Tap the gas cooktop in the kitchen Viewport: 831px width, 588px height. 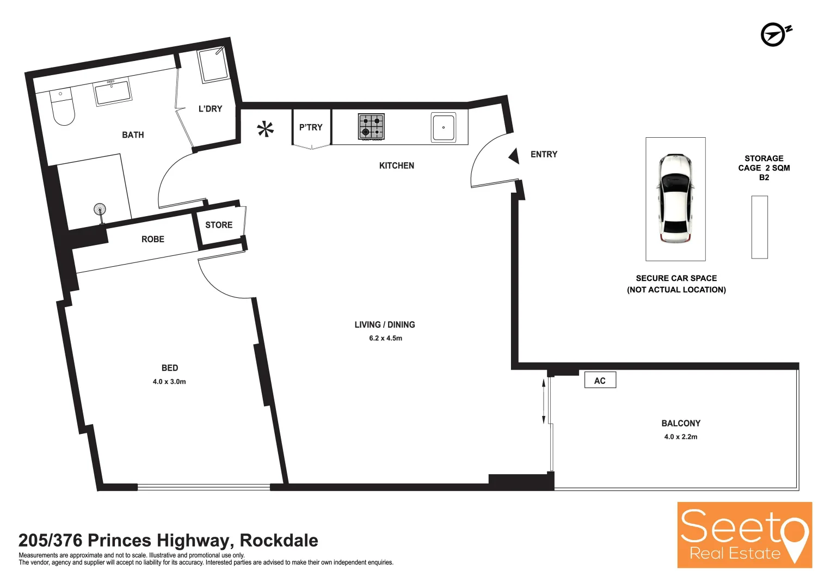point(371,127)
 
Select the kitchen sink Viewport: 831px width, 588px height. point(444,127)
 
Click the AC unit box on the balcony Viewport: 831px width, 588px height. point(600,381)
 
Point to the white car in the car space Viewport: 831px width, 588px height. point(675,198)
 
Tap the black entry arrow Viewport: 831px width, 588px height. point(514,156)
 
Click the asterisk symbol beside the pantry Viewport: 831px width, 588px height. point(266,129)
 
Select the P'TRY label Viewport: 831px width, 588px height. point(311,127)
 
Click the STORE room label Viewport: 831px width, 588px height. point(219,225)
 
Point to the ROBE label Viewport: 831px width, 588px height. point(153,239)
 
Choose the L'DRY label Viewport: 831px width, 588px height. point(210,109)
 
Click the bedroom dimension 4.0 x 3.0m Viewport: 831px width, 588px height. point(169,382)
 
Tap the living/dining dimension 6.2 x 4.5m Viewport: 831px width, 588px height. point(385,338)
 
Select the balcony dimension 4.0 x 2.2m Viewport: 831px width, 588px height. point(680,437)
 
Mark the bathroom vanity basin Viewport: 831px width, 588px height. point(113,92)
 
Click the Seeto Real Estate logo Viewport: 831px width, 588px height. point(744,535)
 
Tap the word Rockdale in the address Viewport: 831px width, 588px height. point(279,540)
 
